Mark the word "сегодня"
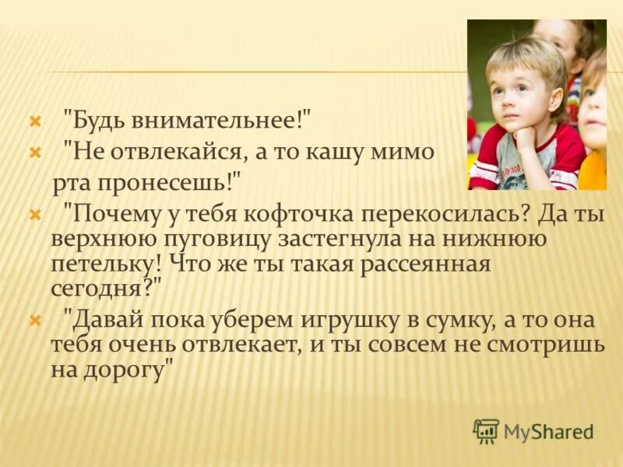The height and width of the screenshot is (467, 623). tap(98, 287)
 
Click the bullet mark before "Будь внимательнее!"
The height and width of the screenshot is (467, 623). tap(34, 121)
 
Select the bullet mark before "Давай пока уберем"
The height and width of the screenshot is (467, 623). tap(34, 320)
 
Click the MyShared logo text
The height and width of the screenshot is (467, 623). tap(548, 431)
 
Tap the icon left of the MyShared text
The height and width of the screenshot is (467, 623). tap(486, 431)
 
